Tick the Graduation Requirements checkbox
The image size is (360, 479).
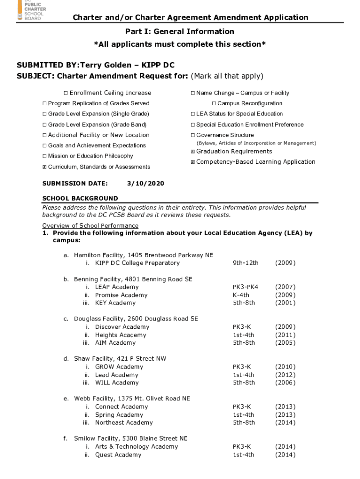click(x=193, y=152)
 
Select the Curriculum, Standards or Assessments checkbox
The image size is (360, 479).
click(x=44, y=167)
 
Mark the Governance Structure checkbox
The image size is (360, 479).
click(x=193, y=135)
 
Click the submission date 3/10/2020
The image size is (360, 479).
click(x=145, y=183)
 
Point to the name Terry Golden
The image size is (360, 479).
click(x=104, y=65)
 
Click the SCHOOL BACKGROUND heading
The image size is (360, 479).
click(x=80, y=198)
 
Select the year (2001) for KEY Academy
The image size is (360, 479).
click(x=285, y=303)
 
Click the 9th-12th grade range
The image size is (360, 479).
click(x=245, y=263)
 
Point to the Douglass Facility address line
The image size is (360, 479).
click(x=136, y=319)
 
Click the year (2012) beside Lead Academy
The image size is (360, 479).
click(x=285, y=375)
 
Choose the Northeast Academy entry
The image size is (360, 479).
click(x=124, y=423)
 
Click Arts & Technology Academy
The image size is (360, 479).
click(x=137, y=447)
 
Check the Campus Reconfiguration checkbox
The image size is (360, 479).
click(x=214, y=103)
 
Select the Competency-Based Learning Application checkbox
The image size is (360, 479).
click(x=193, y=162)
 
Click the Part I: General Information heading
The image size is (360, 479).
click(x=180, y=31)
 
